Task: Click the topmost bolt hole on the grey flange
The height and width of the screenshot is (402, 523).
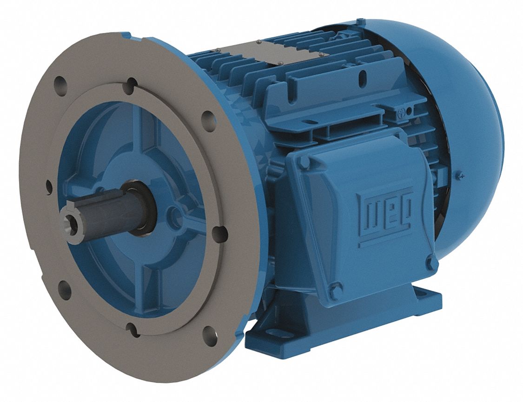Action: pos(132,84)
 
